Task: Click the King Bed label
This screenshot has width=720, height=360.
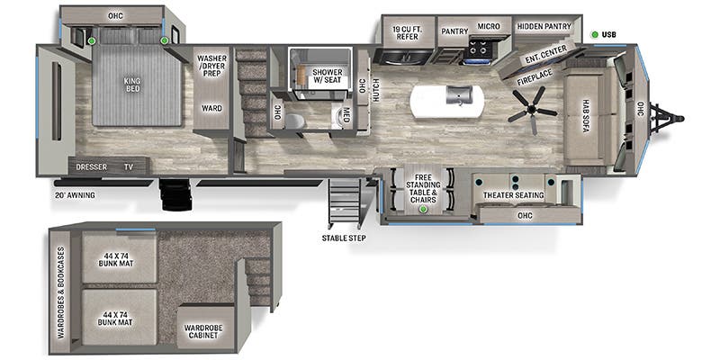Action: tap(131, 85)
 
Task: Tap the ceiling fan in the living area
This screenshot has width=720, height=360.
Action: tap(532, 110)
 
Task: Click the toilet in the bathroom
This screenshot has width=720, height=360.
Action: tap(294, 121)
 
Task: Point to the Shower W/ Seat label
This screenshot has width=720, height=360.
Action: tap(328, 76)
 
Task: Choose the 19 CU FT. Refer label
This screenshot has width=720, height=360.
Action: tap(407, 32)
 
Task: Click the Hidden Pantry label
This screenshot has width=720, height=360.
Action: tap(544, 27)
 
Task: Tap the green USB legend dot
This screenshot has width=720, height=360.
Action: tap(595, 34)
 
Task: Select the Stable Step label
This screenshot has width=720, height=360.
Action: tap(344, 238)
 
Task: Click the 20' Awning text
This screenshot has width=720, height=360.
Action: tap(74, 195)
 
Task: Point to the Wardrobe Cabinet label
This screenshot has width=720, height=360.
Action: tap(204, 331)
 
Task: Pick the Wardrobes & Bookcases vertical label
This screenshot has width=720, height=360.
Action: tap(61, 293)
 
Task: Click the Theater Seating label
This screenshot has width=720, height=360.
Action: tap(513, 195)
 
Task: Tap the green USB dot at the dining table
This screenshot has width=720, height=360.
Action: tap(423, 210)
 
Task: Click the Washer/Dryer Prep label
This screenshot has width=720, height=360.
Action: tap(211, 66)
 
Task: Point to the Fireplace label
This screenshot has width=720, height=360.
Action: tap(535, 77)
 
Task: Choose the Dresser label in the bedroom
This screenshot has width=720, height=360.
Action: tap(91, 166)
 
